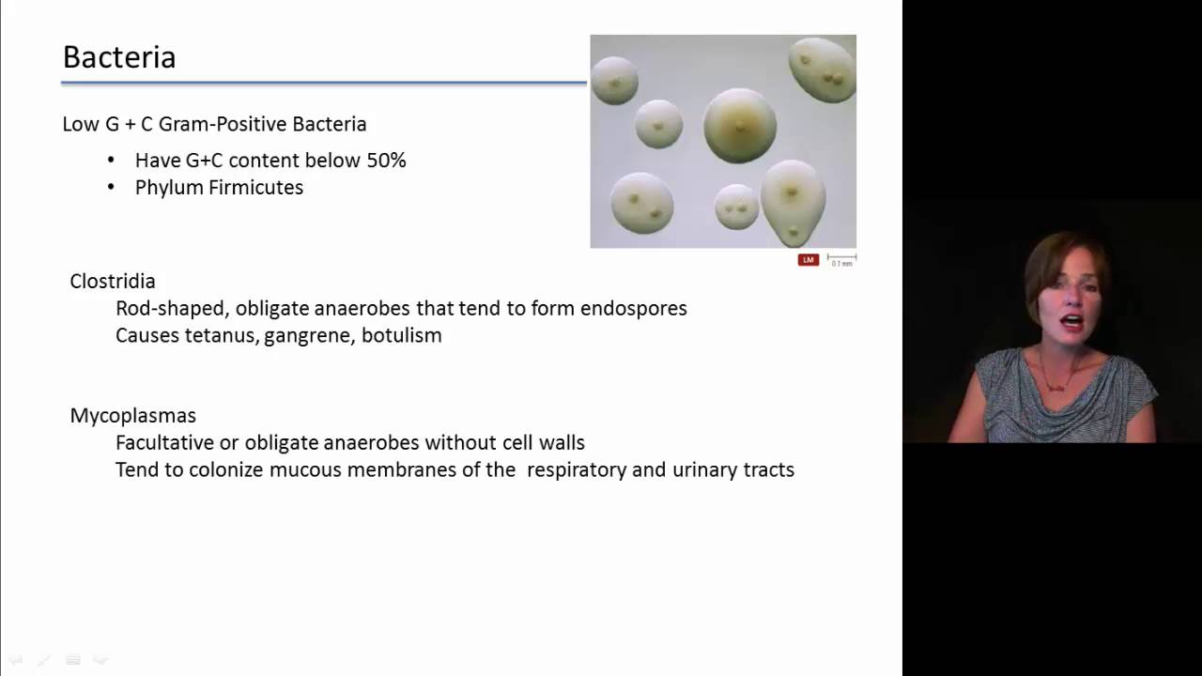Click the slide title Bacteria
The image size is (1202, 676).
click(x=119, y=57)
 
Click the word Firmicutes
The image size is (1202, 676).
click(x=258, y=188)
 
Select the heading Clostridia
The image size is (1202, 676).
click(x=113, y=281)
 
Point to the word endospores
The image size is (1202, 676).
click(x=634, y=309)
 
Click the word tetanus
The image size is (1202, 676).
click(x=222, y=336)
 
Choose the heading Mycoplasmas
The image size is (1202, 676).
click(x=132, y=415)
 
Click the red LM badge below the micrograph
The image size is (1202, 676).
click(x=808, y=259)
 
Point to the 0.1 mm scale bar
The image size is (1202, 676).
click(x=841, y=258)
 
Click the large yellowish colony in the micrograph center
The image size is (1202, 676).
click(x=740, y=125)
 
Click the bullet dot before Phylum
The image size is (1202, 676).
click(x=111, y=188)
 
